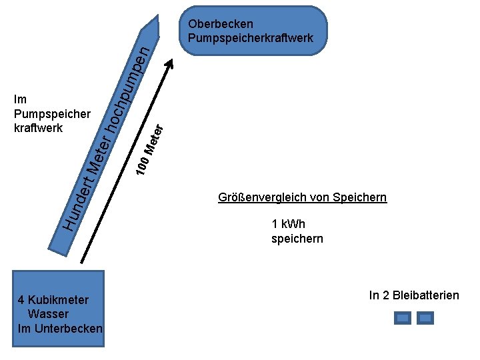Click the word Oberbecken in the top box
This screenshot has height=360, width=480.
pyautogui.click(x=221, y=25)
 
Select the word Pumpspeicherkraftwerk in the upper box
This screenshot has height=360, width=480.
pyautogui.click(x=251, y=38)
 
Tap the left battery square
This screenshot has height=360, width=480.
pyautogui.click(x=403, y=318)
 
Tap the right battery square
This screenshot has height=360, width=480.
pyautogui.click(x=425, y=318)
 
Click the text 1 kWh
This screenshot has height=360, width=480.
pyautogui.click(x=289, y=224)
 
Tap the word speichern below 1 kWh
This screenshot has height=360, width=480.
pyautogui.click(x=297, y=238)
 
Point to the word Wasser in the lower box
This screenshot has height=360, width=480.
pyautogui.click(x=49, y=313)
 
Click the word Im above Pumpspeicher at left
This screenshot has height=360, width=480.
pyautogui.click(x=19, y=100)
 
